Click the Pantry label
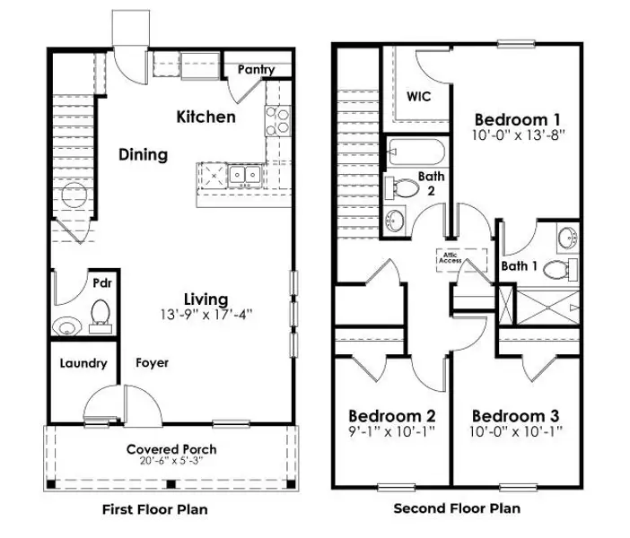256,69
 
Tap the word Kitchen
206,117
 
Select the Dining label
143,155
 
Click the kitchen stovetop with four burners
277,121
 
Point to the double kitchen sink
245,175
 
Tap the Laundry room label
83,363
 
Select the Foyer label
152,362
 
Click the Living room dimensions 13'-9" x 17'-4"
206,315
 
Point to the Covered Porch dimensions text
171,461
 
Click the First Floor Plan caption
155,509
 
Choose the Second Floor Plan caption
457,508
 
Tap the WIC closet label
418,96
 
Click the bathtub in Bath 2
416,152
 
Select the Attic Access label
450,257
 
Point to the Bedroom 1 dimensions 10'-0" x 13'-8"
519,134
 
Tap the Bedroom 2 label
392,416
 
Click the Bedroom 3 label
515,416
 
